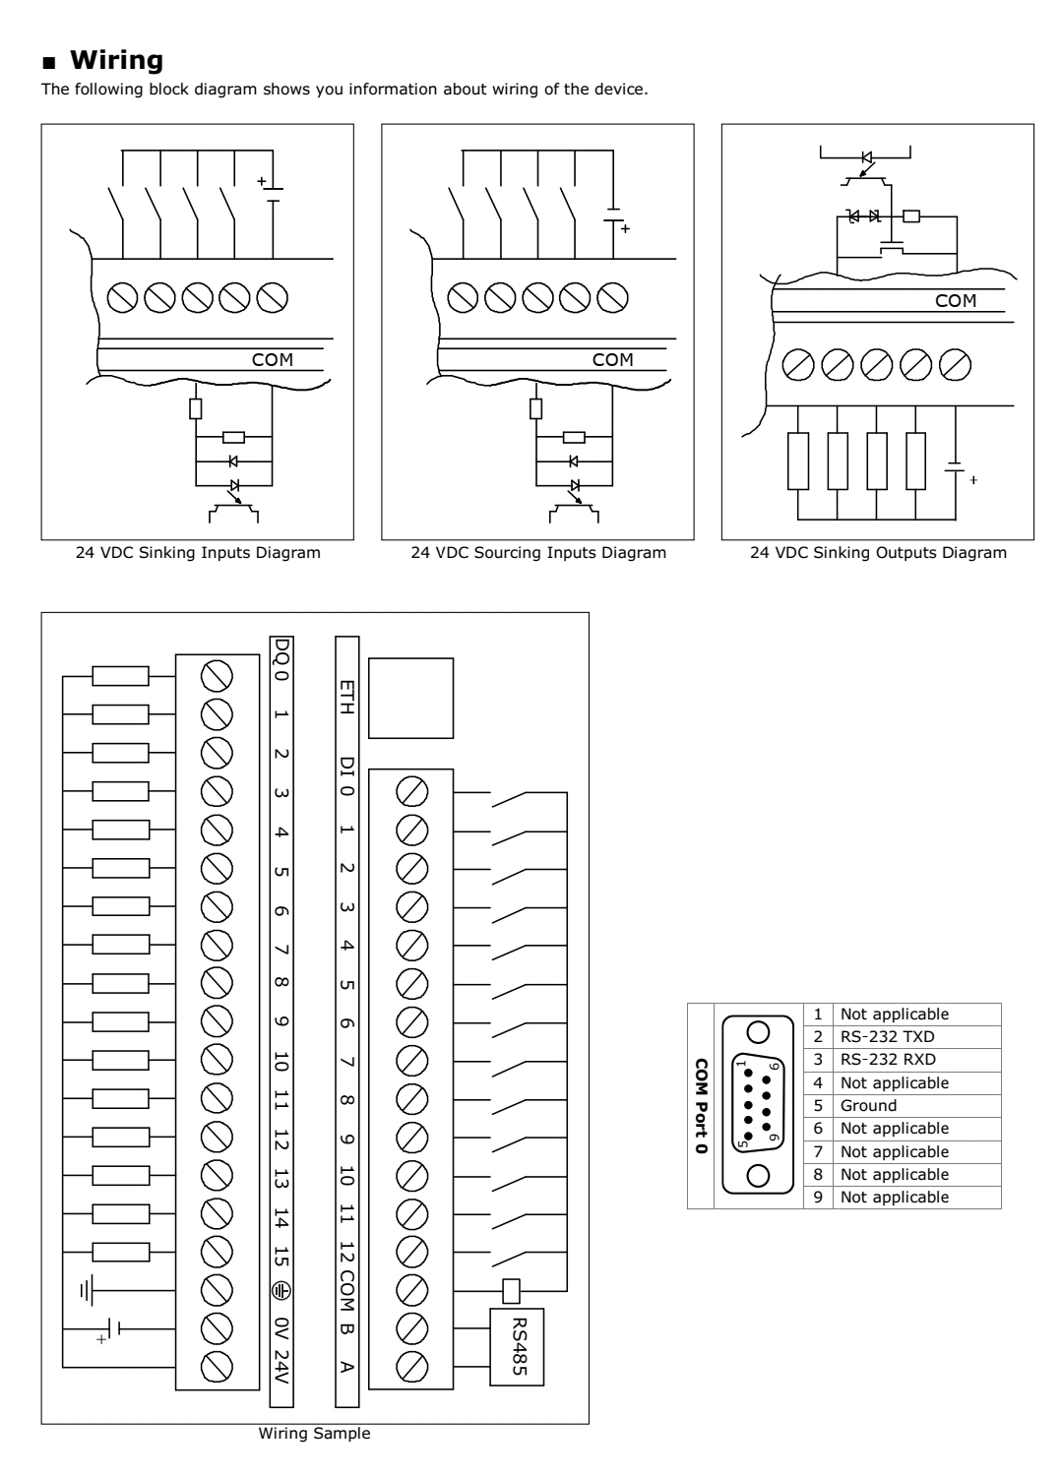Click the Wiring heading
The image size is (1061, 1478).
coord(115,61)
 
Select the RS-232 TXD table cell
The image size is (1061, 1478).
coord(887,1037)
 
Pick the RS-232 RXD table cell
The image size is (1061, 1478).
coord(887,1060)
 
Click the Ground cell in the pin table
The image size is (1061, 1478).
coord(868,1105)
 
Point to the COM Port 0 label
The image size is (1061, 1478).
coord(701,1106)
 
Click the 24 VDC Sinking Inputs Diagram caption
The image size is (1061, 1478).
coord(198,553)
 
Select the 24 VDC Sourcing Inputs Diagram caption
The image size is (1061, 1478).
coord(538,553)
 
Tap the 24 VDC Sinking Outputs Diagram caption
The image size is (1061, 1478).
coord(878,553)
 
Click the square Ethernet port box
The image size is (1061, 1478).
coord(410,698)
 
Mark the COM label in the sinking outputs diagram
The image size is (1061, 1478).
coord(955,301)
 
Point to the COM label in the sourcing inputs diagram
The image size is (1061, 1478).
coord(612,360)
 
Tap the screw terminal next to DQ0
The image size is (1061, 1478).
coord(217,675)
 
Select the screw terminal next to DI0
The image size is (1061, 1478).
coord(410,790)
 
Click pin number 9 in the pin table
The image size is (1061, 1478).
coord(817,1198)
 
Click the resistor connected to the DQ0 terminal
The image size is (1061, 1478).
coord(120,675)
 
